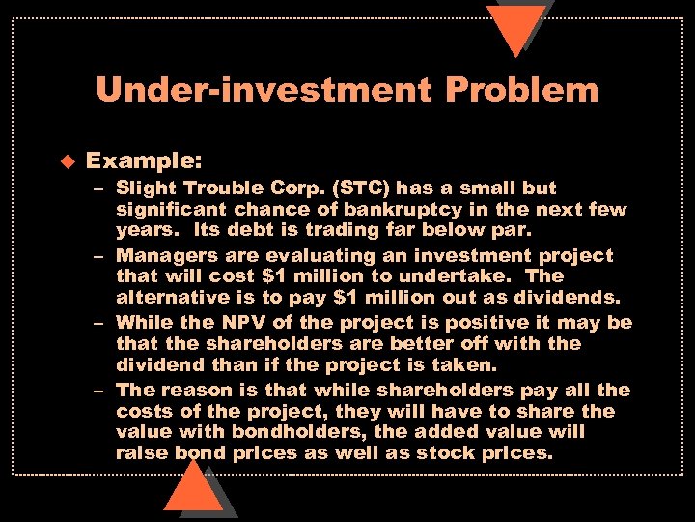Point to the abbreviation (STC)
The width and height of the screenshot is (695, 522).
347,188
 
